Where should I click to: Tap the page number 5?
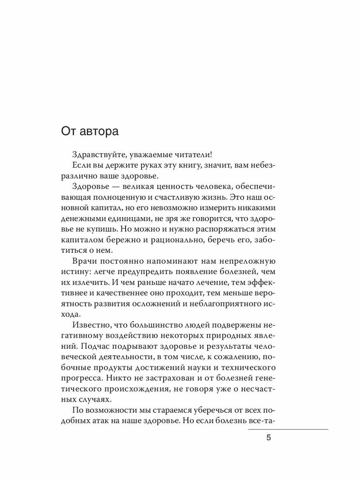coord(268,437)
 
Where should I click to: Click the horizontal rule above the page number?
coord(288,430)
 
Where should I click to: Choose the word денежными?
coord(85,219)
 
